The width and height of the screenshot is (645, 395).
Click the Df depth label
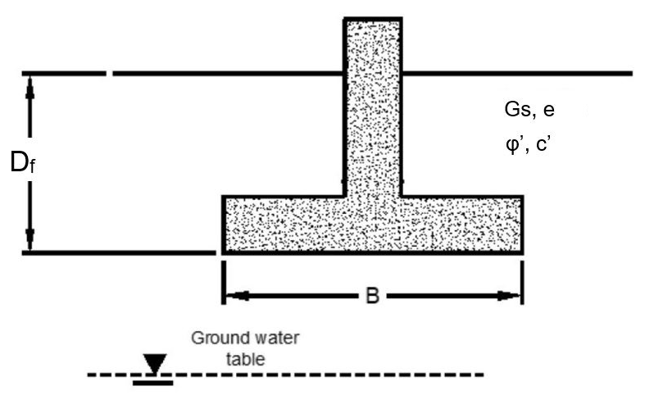point(22,163)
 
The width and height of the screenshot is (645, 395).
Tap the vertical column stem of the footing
point(372,107)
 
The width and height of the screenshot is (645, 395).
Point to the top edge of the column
point(372,18)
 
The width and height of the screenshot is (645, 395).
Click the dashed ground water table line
point(328,376)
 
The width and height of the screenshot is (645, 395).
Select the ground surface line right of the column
point(516,74)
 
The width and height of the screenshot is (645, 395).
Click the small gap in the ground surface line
point(109,74)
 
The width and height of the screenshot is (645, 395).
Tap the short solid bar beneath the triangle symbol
point(153,382)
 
